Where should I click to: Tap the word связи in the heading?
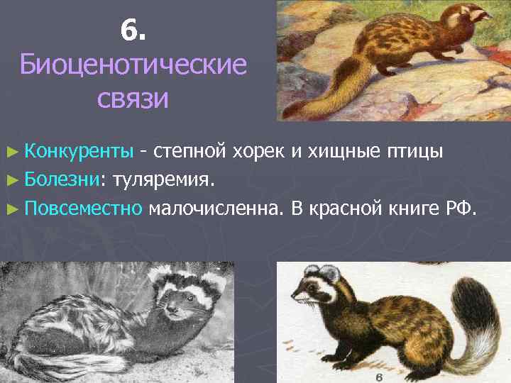click(x=133, y=99)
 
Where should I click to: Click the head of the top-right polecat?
click(x=466, y=17)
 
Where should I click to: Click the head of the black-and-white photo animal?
click(x=177, y=299)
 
